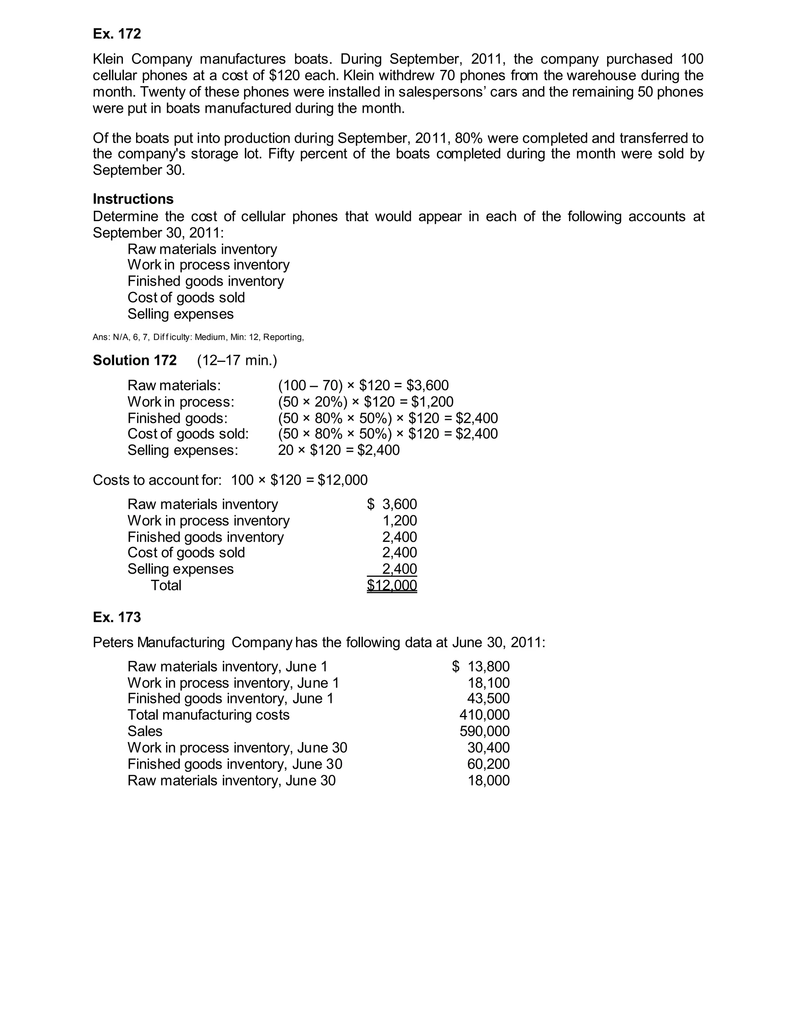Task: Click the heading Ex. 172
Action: (x=116, y=34)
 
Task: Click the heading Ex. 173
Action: (x=116, y=617)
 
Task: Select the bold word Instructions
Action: (x=133, y=199)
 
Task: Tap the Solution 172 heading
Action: (x=135, y=360)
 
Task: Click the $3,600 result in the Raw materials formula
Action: (x=428, y=385)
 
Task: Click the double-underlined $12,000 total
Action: (x=392, y=585)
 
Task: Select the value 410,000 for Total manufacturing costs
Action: (x=485, y=715)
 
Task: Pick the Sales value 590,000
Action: (x=485, y=731)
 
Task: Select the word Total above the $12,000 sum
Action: (x=166, y=585)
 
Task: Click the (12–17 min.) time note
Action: (x=237, y=360)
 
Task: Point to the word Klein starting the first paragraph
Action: (x=108, y=59)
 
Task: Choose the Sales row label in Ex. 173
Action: (x=145, y=731)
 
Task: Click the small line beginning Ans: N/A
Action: (x=198, y=337)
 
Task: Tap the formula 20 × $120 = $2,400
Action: (x=339, y=450)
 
